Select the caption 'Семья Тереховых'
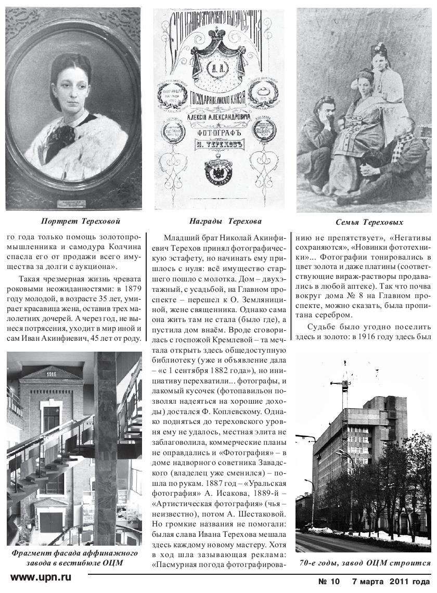(364, 223)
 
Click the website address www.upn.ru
(41, 577)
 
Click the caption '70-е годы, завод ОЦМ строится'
(365, 562)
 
